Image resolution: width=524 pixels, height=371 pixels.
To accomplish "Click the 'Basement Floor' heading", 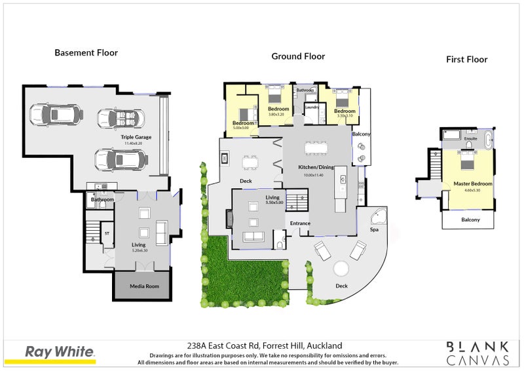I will (86, 52).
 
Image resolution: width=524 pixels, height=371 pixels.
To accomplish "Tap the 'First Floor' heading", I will (466, 59).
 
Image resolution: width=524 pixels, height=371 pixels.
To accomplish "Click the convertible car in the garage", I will (121, 119).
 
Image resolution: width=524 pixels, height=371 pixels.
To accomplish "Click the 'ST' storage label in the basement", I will (105, 233).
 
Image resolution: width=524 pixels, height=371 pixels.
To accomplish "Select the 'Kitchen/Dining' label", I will (317, 167).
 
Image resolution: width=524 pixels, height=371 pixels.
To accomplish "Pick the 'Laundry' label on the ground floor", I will (312, 107).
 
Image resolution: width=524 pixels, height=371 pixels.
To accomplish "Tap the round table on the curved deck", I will (341, 269).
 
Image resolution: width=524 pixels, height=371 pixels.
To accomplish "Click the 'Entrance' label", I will (300, 224).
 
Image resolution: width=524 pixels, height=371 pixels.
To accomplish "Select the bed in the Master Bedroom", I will (466, 160).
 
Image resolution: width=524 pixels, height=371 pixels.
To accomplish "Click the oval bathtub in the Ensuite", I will (489, 138).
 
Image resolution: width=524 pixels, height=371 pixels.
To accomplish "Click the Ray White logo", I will (60, 352).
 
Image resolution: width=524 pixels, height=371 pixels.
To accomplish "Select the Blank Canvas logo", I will (477, 353).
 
